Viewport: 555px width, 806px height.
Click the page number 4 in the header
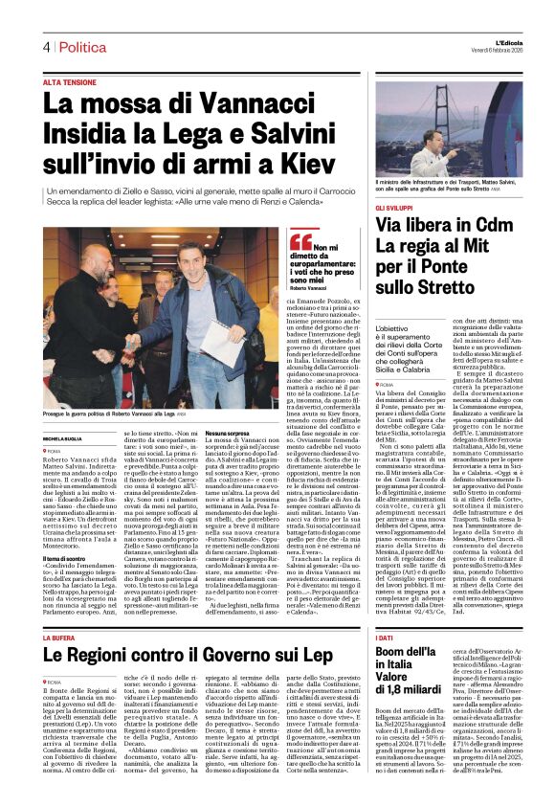click(45, 47)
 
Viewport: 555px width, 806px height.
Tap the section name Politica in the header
click(82, 47)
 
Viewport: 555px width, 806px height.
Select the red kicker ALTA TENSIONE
click(70, 82)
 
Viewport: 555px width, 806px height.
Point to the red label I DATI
click(384, 610)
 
